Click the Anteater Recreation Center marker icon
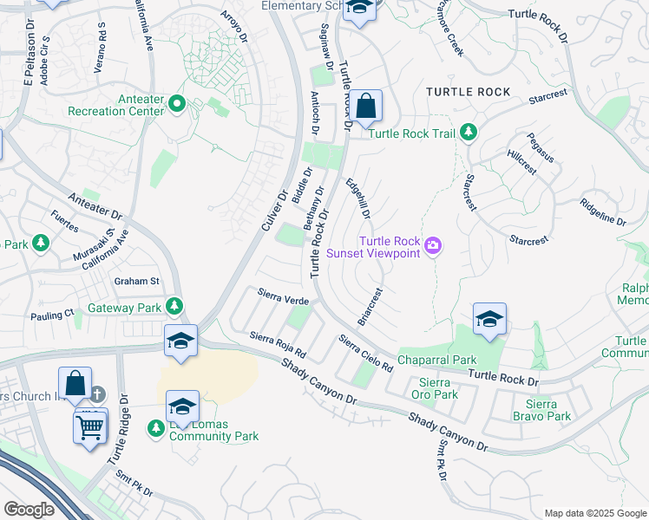point(177,103)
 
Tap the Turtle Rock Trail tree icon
point(469,133)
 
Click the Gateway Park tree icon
point(174,307)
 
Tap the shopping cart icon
point(91,425)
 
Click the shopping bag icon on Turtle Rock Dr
point(367,107)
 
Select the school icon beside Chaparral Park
point(489,319)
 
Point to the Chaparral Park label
point(436,360)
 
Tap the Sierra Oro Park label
point(434,388)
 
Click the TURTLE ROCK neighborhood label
point(467,92)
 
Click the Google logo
point(29,509)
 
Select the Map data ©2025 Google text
point(594,513)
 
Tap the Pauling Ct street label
point(52,315)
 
